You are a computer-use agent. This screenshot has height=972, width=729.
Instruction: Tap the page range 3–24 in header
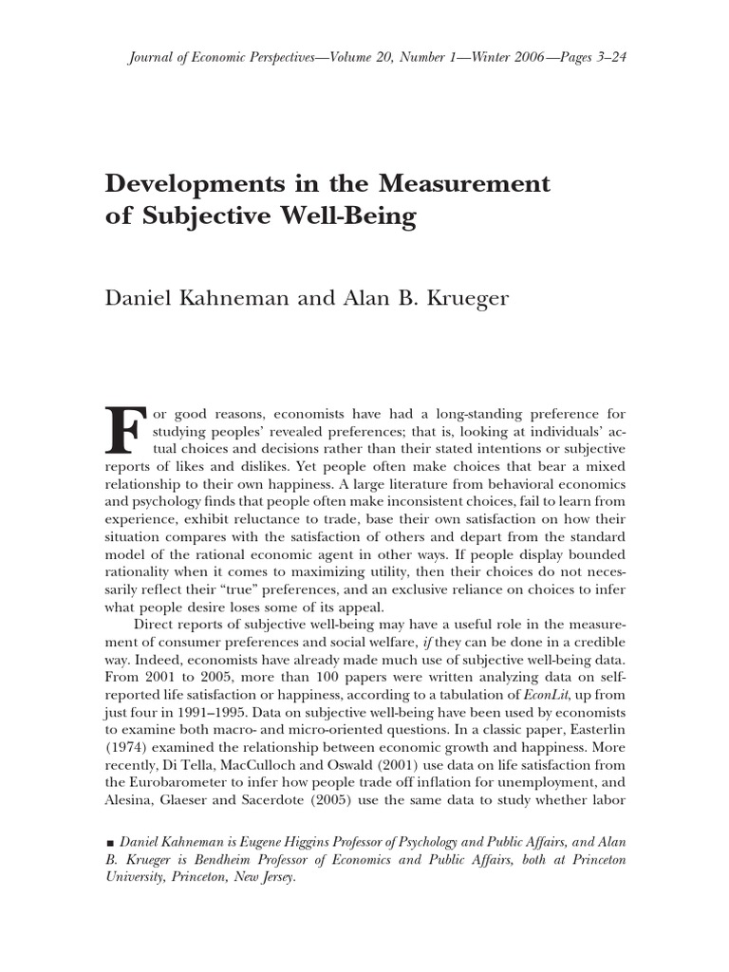[611, 57]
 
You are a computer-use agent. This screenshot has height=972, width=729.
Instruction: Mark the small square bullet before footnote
[110, 843]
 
